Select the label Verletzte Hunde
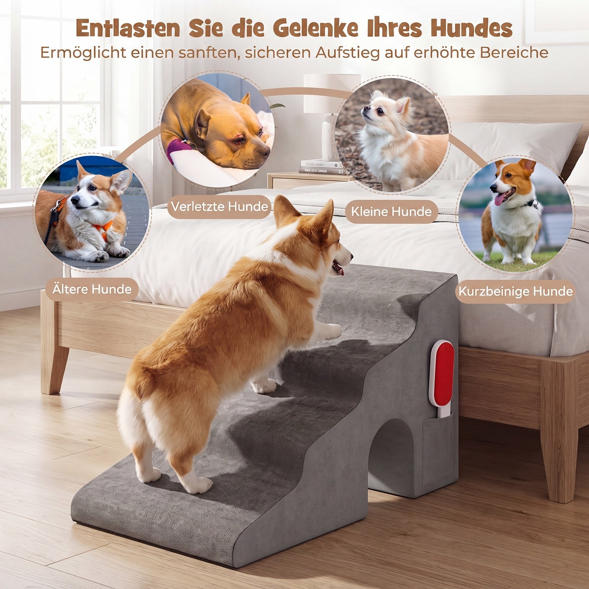point(219,207)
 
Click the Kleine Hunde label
point(391,212)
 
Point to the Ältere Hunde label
point(92,289)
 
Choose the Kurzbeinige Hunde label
point(515,292)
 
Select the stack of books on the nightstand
point(321,167)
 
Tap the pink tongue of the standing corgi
point(500,199)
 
